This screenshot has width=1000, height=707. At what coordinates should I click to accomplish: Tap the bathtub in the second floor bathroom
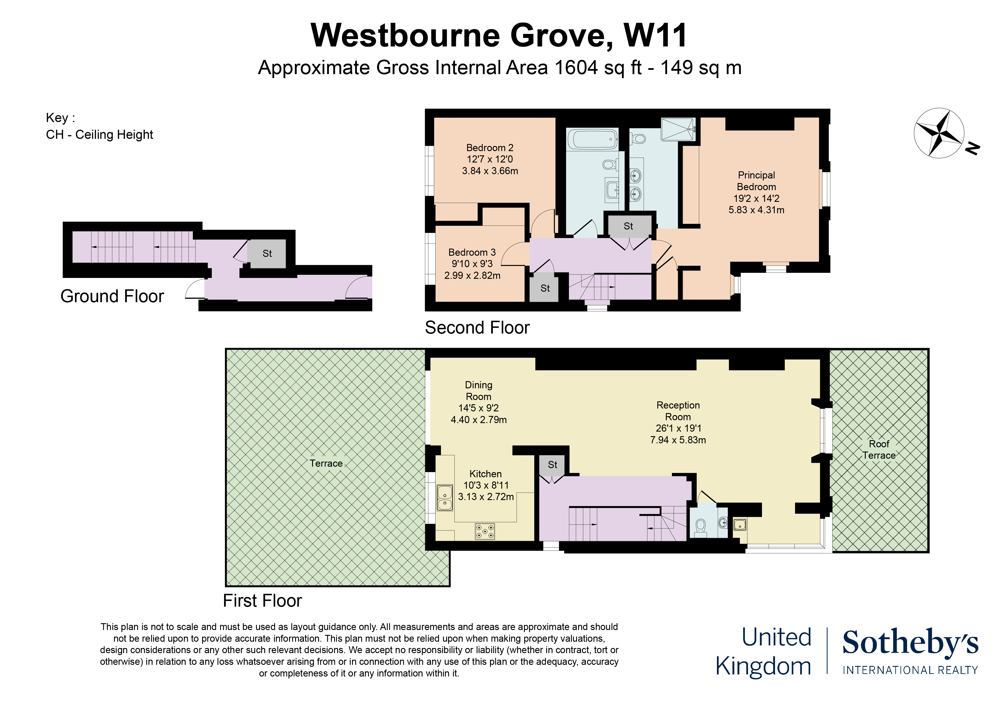click(592, 139)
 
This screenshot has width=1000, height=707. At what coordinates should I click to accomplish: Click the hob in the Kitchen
click(485, 531)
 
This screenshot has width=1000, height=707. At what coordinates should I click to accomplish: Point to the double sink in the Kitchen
click(445, 498)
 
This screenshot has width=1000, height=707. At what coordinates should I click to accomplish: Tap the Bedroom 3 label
click(472, 252)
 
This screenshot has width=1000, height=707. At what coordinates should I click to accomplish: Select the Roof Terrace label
click(879, 450)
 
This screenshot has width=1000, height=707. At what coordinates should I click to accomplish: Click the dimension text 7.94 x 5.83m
click(678, 440)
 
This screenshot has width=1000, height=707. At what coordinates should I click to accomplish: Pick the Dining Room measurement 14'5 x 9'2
click(478, 408)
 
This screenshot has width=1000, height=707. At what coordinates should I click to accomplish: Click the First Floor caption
click(262, 601)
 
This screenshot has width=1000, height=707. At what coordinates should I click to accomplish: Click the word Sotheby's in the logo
click(910, 643)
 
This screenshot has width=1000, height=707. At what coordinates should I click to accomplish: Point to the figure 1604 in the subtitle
click(576, 68)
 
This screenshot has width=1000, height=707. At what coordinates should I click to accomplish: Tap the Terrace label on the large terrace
click(326, 464)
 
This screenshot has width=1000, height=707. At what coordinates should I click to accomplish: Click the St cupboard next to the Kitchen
click(552, 465)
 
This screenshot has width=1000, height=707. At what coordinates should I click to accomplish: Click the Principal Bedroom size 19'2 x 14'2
click(756, 198)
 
